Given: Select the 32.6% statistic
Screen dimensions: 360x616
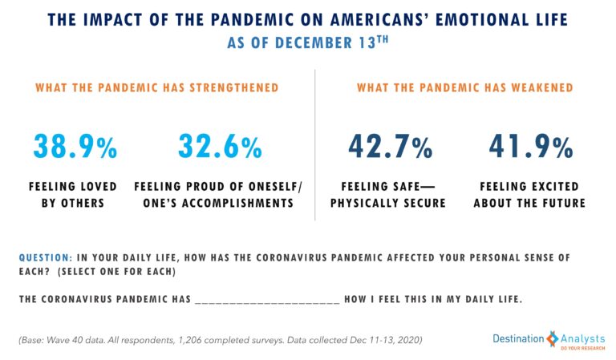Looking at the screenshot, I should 220,147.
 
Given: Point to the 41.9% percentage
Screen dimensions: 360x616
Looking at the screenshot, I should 530,147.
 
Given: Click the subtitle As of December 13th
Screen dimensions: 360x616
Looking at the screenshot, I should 308,42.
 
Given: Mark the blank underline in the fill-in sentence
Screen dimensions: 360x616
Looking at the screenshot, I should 266,299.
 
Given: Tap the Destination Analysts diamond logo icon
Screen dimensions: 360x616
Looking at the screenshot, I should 552,339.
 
